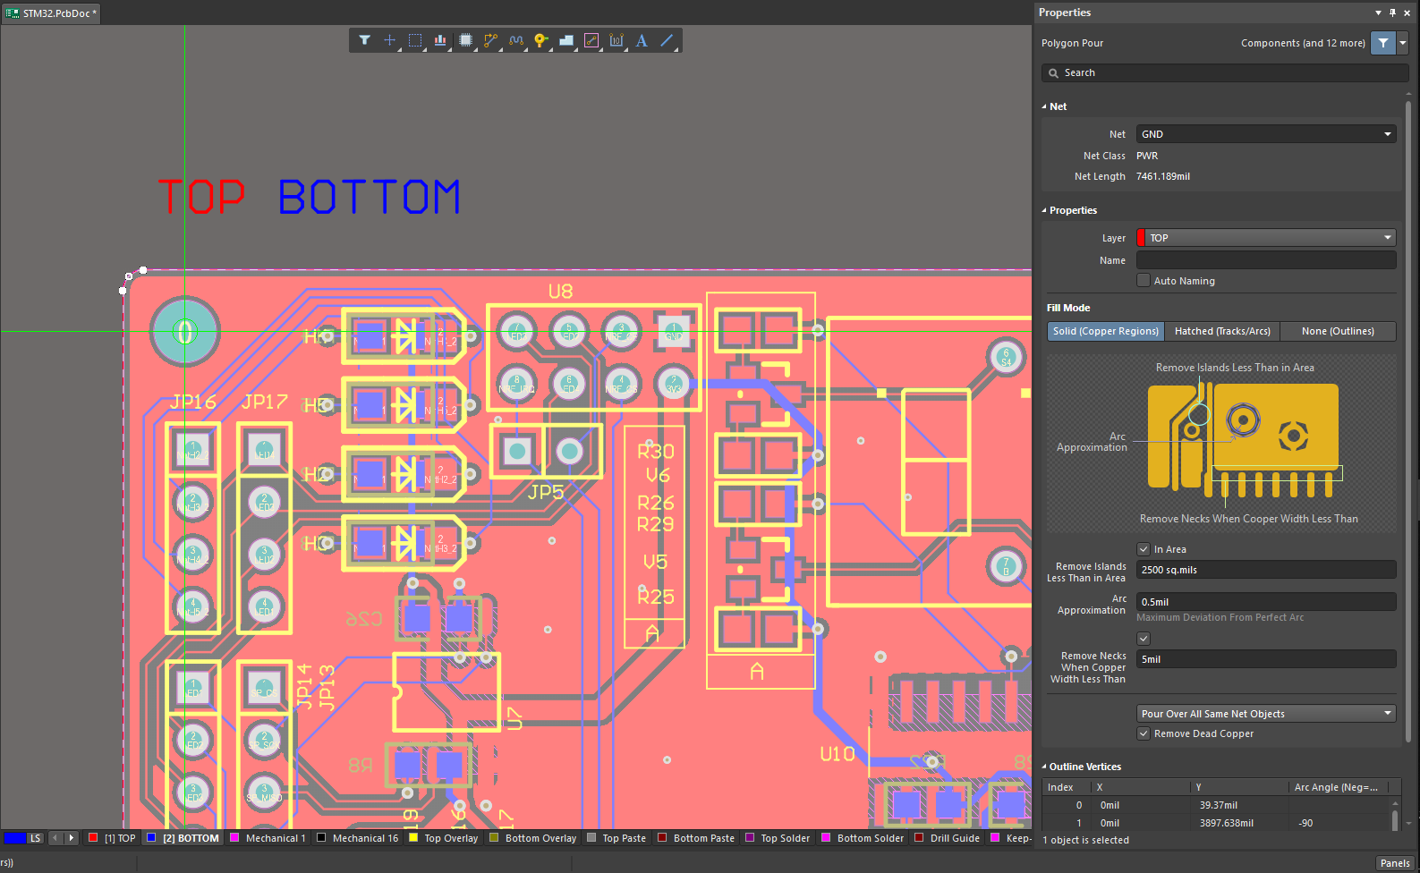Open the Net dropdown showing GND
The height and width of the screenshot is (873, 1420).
click(1265, 134)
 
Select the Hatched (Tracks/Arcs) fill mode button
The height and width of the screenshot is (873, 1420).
click(1221, 331)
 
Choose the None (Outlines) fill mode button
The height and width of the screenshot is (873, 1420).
click(1337, 331)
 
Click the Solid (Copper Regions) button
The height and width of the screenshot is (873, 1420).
click(1106, 331)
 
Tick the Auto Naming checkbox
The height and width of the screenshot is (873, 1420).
click(1144, 281)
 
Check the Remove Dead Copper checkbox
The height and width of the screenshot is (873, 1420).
click(1144, 733)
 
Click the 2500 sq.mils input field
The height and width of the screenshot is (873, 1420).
click(1265, 570)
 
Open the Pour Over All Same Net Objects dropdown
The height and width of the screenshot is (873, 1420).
click(1265, 714)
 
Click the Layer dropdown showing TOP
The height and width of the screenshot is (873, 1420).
click(1265, 238)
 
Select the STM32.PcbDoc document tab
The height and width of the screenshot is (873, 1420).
click(52, 13)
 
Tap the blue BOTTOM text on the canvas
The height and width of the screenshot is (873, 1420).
click(369, 198)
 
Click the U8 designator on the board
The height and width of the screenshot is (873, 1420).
click(560, 292)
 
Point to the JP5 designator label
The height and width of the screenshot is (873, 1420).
click(546, 492)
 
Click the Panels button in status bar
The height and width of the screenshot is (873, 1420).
click(1394, 863)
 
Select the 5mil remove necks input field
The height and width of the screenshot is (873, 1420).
click(1265, 659)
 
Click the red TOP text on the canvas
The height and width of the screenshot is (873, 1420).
click(201, 198)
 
